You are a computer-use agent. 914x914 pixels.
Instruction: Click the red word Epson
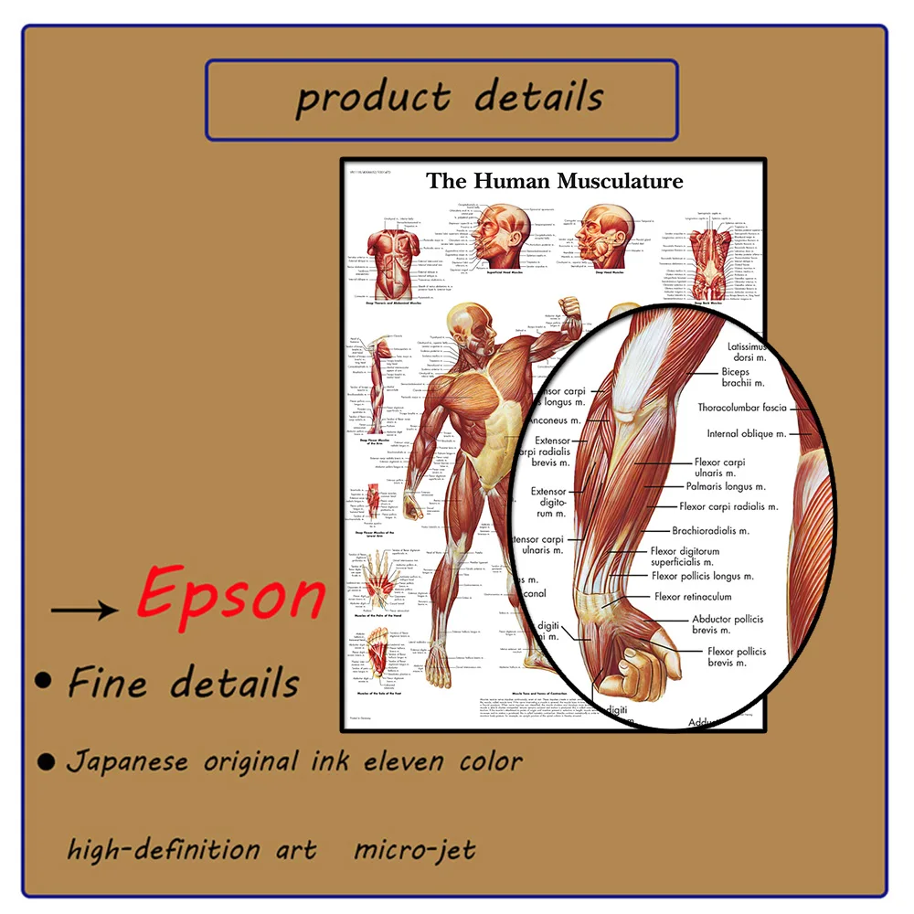(x=231, y=596)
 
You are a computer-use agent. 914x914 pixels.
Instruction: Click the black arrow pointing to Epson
(x=84, y=608)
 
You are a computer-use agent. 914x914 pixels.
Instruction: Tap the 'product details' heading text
(x=449, y=98)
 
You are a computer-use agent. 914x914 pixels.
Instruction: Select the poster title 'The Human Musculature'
(x=555, y=181)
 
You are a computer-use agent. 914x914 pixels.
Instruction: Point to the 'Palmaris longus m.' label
(x=726, y=486)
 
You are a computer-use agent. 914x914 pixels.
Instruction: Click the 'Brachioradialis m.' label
(x=710, y=530)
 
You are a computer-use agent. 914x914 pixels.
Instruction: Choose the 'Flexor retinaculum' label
(x=693, y=597)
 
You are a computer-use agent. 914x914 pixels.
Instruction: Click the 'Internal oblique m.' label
(x=746, y=433)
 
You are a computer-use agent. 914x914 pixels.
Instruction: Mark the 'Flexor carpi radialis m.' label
(x=728, y=506)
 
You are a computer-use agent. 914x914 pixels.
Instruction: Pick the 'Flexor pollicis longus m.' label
(x=703, y=576)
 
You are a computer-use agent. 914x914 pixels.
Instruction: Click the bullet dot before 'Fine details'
(x=42, y=680)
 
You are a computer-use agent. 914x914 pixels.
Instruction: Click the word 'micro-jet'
(x=414, y=850)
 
